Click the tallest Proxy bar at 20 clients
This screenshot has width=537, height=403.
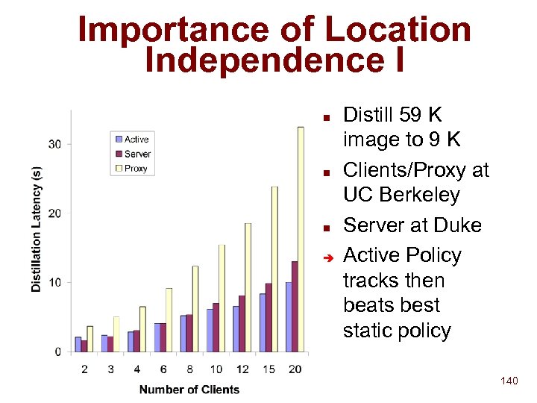click(301, 239)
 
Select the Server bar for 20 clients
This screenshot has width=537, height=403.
click(295, 307)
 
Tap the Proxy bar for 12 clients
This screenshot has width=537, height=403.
click(248, 287)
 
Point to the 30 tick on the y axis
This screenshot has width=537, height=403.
click(55, 143)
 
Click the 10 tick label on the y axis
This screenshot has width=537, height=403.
click(55, 282)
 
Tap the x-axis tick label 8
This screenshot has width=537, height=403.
click(189, 369)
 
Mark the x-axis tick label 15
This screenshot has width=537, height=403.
click(268, 369)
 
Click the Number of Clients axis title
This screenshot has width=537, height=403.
click(189, 389)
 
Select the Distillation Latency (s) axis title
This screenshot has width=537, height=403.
click(37, 228)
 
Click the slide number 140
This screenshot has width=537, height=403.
click(509, 381)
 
